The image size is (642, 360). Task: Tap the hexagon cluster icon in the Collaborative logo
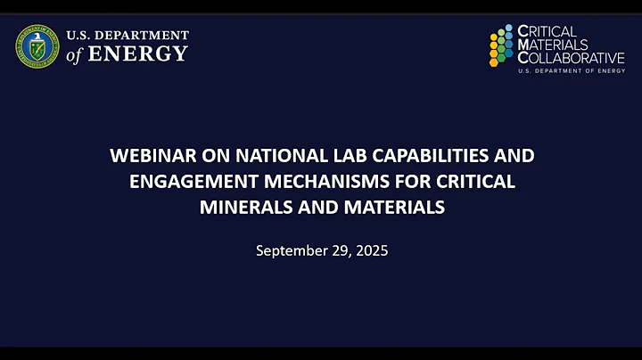coord(501,47)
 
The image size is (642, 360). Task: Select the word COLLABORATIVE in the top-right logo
coord(572,58)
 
